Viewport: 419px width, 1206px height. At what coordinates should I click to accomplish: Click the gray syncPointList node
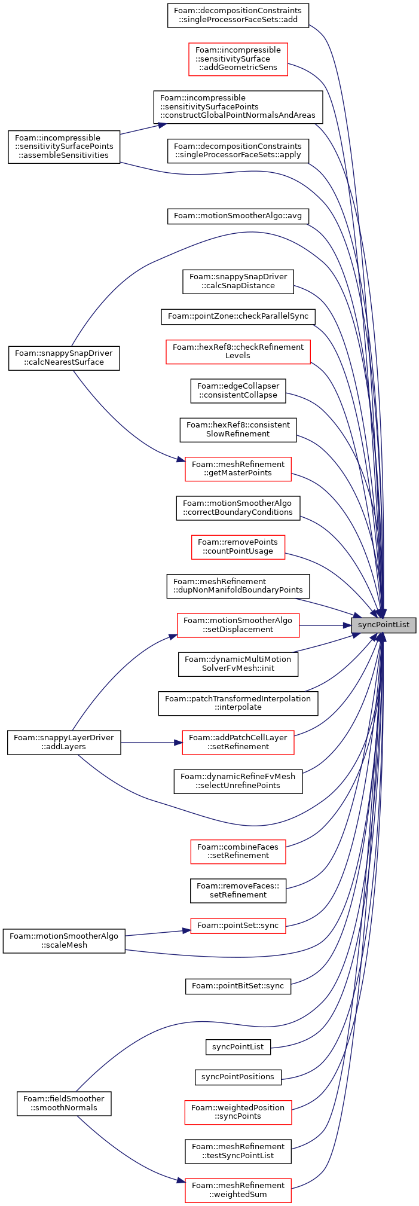coord(383,625)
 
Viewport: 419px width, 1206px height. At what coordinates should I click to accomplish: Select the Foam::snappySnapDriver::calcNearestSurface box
coord(64,358)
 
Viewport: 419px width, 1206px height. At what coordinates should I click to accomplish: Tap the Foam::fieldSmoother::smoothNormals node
coord(64,1103)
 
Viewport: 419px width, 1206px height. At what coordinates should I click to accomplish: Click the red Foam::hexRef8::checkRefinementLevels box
coord(238,351)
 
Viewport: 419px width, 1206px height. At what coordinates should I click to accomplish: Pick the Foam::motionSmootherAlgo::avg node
coord(238,215)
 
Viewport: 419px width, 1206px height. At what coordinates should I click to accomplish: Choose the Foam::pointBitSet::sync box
coord(238,985)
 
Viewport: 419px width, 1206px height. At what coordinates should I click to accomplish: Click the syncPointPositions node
coord(238,1076)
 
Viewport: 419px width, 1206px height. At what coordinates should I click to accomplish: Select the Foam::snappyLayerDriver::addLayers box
coord(64,742)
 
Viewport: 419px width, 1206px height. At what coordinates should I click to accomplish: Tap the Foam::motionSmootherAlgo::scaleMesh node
coord(64,941)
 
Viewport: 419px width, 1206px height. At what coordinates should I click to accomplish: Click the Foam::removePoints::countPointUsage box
coord(238,546)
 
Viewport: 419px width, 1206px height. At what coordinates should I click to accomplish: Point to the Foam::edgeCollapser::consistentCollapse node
coord(238,390)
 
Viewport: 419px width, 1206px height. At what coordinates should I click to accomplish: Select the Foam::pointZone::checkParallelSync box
coord(238,316)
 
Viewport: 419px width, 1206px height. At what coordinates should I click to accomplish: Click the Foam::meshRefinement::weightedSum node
coord(238,1190)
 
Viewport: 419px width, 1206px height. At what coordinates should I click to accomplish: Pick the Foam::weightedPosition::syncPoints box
coord(238,1112)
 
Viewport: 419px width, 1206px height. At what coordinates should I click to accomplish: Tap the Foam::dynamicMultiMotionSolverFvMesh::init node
coord(238,664)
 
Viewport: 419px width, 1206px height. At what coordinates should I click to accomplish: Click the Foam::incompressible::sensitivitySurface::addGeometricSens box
coord(238,59)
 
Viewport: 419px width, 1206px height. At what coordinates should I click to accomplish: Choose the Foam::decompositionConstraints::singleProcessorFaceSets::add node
coord(238,15)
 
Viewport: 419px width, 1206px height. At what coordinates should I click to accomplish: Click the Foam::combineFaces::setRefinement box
coord(238,851)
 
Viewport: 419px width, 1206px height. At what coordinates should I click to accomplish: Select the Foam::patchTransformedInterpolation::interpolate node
coord(238,703)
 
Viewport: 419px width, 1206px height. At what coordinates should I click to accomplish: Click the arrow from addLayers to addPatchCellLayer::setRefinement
coord(151,742)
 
